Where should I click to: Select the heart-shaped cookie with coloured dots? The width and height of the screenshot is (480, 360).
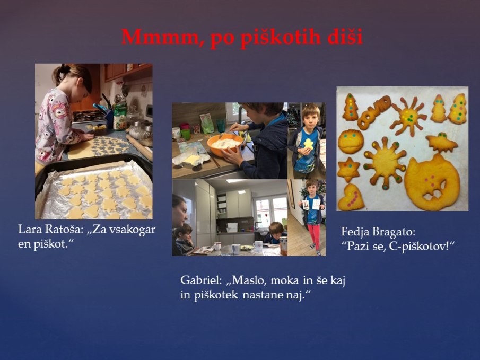coord(351,197)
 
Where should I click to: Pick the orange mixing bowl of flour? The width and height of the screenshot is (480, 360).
coord(225,144)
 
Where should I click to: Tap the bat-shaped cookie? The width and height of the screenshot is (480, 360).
coord(441,142)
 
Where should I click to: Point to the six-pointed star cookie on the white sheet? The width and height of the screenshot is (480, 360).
coord(348,169)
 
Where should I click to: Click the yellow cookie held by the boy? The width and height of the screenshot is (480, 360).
coord(309,144)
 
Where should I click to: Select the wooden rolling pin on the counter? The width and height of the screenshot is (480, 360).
coord(139,147)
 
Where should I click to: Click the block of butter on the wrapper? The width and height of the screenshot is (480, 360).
coord(192,160)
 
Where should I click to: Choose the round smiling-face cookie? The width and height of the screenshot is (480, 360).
coord(351,141)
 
